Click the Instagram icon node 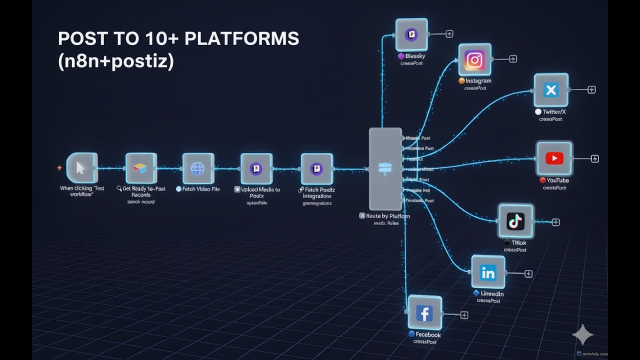tap(474, 60)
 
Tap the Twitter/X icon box tap(551, 90)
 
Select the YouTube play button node tap(554, 158)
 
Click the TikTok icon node tap(515, 221)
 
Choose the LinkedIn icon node tap(488, 272)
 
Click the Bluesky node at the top tap(411, 35)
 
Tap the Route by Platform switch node tap(385, 168)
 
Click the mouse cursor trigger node tap(81, 168)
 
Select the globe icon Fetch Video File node tap(198, 168)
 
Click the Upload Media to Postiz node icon tap(256, 168)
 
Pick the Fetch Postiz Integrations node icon tap(316, 168)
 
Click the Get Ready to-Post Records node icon tap(140, 168)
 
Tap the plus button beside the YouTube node tap(595, 158)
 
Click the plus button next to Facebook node tap(464, 315)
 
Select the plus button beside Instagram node tap(512, 59)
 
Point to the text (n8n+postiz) tap(116, 62)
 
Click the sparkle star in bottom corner tap(582, 335)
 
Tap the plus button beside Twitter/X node tap(591, 89)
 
